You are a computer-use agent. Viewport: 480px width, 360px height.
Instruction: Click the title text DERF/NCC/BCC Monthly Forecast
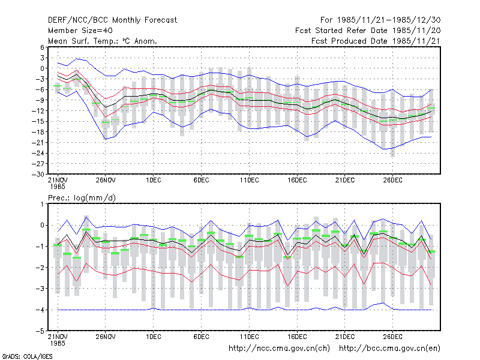click(112, 20)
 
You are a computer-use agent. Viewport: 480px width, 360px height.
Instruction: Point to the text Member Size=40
click(80, 31)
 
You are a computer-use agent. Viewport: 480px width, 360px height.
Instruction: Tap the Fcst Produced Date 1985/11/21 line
click(376, 41)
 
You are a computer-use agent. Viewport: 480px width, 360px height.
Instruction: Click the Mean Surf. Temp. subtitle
click(103, 41)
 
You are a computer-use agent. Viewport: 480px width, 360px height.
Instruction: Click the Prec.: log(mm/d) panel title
click(82, 198)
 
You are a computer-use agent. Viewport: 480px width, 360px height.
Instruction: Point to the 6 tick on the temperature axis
click(42, 47)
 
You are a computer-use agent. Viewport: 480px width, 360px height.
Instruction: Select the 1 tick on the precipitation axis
click(42, 204)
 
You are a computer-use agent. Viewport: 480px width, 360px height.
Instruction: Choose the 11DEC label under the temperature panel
click(249, 181)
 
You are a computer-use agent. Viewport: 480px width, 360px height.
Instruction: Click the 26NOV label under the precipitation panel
click(106, 337)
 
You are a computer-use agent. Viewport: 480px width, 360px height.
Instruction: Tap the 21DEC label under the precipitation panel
click(345, 337)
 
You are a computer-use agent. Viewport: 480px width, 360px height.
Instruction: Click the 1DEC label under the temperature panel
click(154, 181)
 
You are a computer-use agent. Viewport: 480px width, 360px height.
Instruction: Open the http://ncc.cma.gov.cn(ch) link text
click(279, 349)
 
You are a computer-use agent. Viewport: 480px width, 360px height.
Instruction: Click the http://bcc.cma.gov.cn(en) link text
click(389, 349)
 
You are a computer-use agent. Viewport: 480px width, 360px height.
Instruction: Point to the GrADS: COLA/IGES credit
click(27, 356)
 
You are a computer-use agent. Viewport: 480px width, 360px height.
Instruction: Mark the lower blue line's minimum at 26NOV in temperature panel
click(106, 139)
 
